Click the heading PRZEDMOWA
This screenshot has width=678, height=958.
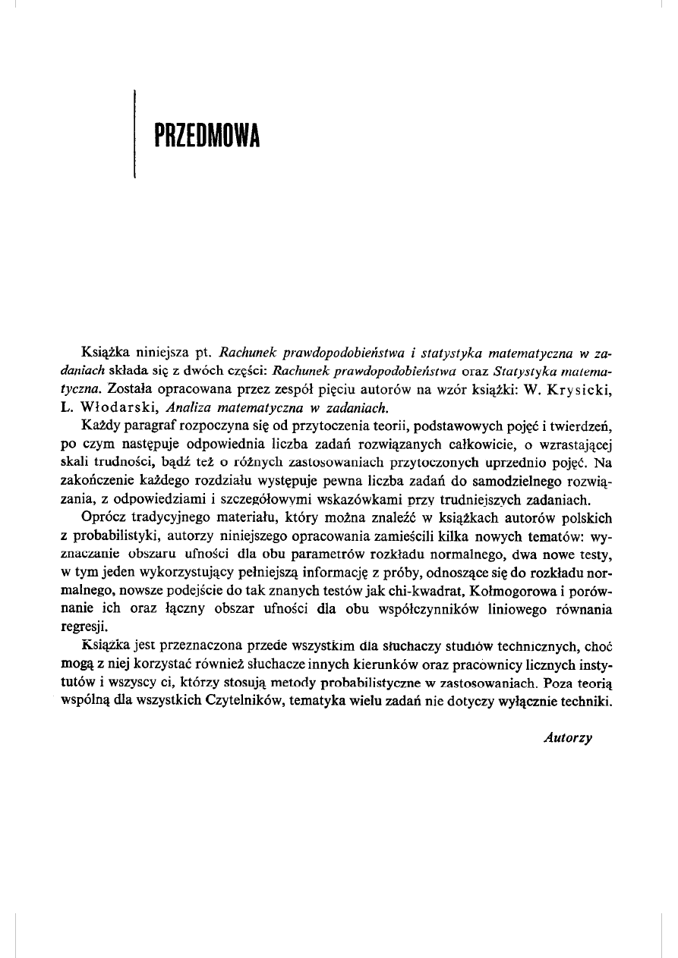tap(206, 137)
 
